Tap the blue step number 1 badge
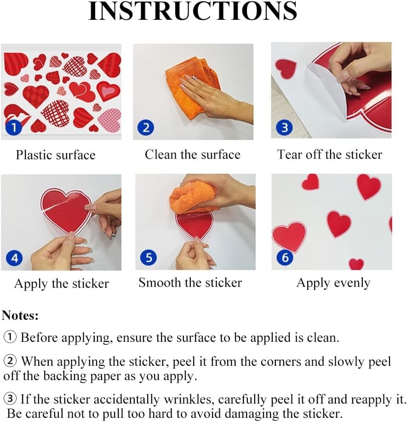pos(13,127)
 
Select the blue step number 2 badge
pos(146,127)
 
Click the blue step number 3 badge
pos(285,127)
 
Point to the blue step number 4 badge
pos(14,258)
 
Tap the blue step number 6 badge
pos(285,257)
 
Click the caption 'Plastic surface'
pos(56,155)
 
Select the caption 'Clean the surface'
pos(193,154)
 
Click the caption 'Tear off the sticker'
pos(329,154)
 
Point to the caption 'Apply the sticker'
pos(62,284)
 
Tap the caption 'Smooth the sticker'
pos(190,282)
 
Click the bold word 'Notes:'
pos(20,315)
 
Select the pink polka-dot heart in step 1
pos(109,120)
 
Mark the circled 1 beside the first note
pos(10,337)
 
